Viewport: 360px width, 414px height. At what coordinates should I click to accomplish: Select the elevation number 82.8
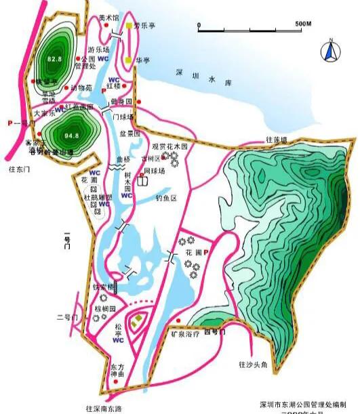tap(55, 60)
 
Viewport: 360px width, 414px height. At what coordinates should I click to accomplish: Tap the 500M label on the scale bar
tap(303, 24)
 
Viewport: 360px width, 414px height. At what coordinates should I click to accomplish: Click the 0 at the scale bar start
tap(199, 24)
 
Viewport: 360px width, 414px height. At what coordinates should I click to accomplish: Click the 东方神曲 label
tap(118, 370)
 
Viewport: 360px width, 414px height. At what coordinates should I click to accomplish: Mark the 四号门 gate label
tap(214, 333)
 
